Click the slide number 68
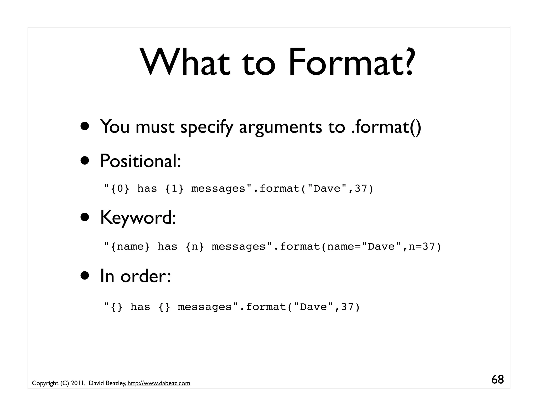click(x=498, y=380)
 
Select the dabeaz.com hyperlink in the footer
click(x=159, y=383)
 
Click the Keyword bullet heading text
click(x=138, y=218)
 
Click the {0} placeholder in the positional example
click(x=120, y=189)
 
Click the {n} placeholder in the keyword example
click(x=195, y=247)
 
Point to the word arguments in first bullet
click(x=280, y=127)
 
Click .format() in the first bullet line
click(x=386, y=127)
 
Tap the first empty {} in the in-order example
click(x=117, y=307)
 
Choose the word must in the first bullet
click(x=155, y=127)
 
